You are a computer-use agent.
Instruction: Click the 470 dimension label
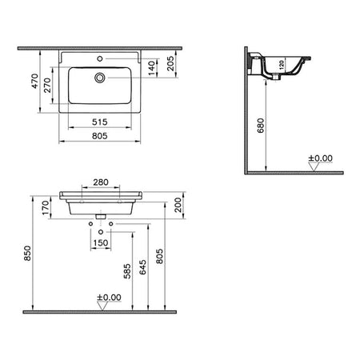[34, 81]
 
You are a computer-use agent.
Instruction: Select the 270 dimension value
[47, 85]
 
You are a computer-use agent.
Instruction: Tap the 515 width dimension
[100, 122]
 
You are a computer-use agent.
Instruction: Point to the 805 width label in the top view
[100, 136]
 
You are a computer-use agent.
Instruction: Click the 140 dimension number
[151, 68]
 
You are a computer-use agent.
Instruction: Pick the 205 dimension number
[170, 63]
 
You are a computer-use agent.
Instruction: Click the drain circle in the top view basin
[100, 78]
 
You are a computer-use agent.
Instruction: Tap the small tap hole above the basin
[100, 58]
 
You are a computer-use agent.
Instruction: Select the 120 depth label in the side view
[282, 65]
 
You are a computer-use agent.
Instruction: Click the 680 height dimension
[261, 126]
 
